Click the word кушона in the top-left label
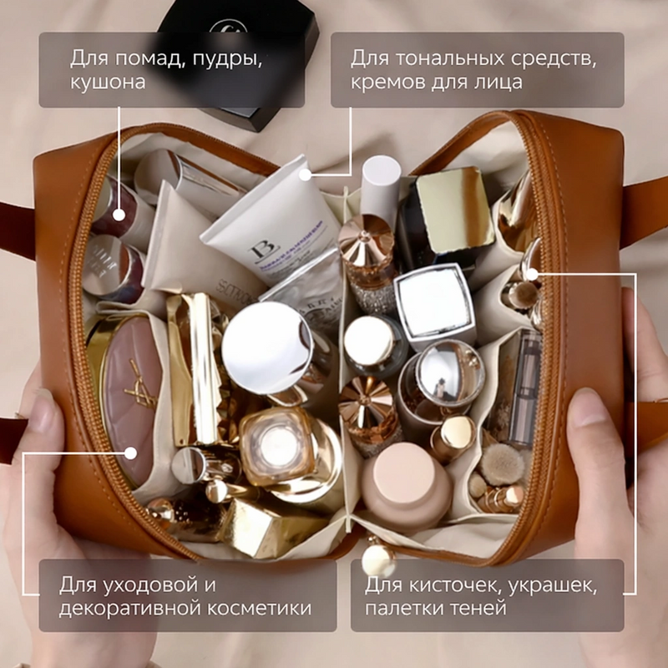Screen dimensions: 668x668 coord(108,82)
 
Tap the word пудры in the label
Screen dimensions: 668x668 coord(227,58)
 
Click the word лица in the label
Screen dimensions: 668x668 coord(499,82)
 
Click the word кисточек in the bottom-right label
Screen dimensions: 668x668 coord(455,585)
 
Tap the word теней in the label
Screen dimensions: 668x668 coord(483,609)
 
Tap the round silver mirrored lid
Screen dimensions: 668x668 coord(267,347)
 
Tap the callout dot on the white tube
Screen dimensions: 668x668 coord(305,175)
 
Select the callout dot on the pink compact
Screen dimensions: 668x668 coord(130,453)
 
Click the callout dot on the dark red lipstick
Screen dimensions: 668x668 coord(119,215)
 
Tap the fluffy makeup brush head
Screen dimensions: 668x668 coord(500,464)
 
